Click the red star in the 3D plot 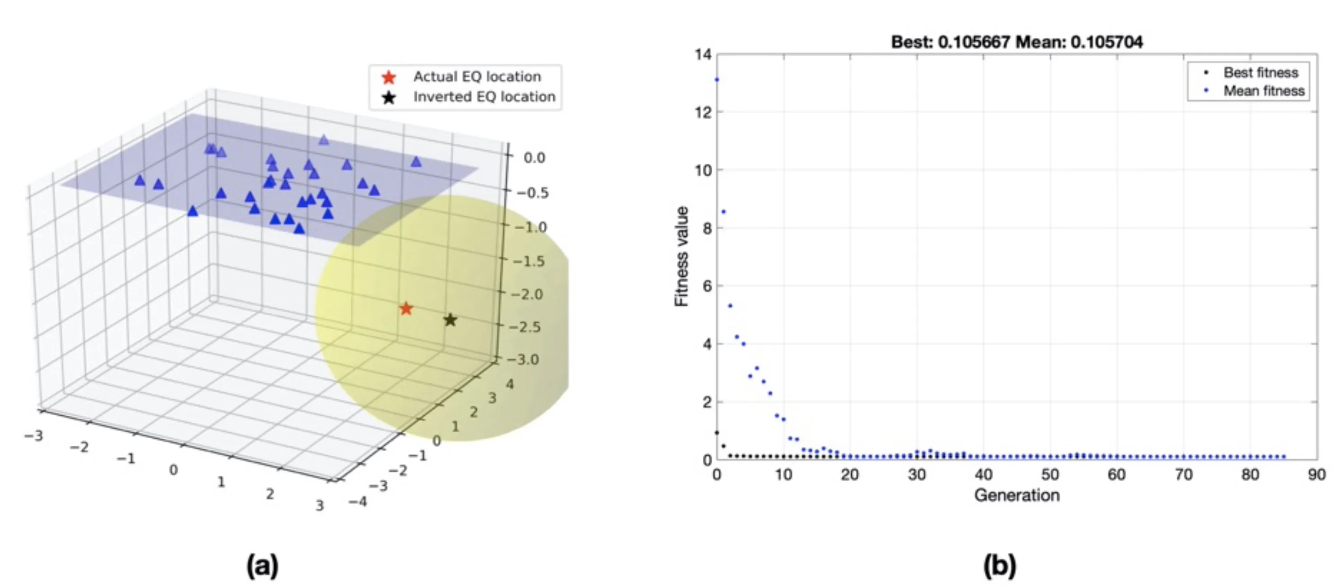406,309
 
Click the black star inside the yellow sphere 451,320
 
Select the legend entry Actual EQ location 477,77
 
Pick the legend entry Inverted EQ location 484,97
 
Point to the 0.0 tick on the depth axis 534,158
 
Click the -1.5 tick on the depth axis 528,261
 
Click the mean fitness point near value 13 717,80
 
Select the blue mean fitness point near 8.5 724,212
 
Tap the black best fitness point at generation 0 717,433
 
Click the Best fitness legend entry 1260,73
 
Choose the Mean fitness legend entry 1263,91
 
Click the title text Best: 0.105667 951,42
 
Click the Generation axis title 1016,495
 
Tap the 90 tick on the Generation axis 1317,475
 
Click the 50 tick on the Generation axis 1050,475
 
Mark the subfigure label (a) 262,565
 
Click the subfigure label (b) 999,565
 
